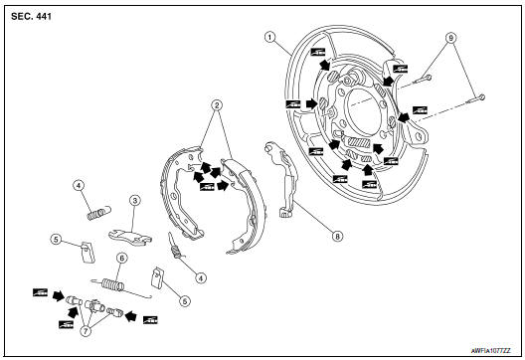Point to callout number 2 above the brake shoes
point(216,105)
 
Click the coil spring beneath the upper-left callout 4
point(94,212)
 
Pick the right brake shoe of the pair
point(239,199)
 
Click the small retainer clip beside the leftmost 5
point(87,248)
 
